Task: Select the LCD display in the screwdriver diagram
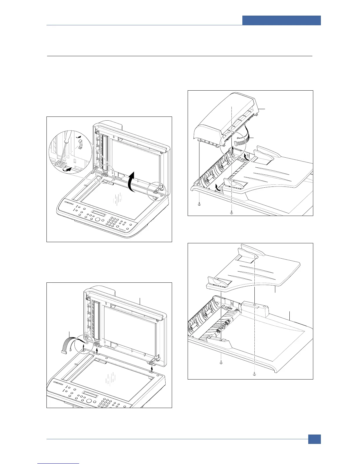pyautogui.click(x=98, y=213)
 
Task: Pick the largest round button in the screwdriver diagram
pyautogui.click(x=97, y=220)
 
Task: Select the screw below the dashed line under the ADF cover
pyautogui.click(x=232, y=212)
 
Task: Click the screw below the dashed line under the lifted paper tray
pyautogui.click(x=254, y=373)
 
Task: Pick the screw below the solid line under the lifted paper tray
pyautogui.click(x=221, y=363)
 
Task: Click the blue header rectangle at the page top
pyautogui.click(x=281, y=21)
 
